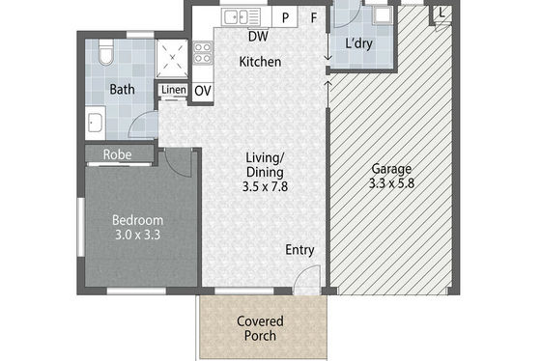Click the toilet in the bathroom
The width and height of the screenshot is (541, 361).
coord(105,52)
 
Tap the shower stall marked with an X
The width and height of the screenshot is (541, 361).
coord(172,58)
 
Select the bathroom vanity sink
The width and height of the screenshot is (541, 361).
coord(95,123)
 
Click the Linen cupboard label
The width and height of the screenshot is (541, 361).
coord(174,90)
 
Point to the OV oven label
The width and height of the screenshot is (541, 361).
coord(203,91)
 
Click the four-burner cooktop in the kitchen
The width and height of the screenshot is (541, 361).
coord(203,53)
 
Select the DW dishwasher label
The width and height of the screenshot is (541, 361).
coord(258,36)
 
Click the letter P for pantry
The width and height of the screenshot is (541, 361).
coord(285,17)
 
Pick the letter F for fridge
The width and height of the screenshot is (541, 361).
coord(314,17)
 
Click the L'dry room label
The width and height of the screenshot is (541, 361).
coord(358,43)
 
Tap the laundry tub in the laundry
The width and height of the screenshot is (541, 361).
coord(383,14)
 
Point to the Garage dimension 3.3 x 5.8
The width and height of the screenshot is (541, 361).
coord(391,183)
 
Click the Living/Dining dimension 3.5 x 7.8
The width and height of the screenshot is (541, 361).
coord(265,186)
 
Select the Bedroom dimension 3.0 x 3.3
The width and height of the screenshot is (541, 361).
coord(137,235)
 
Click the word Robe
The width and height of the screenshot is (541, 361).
coord(117,154)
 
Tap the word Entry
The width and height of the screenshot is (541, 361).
coord(299,250)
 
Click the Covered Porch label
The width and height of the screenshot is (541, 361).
coord(260,328)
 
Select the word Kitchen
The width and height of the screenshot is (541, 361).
coord(260,62)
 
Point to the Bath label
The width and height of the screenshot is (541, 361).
coord(122,90)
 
